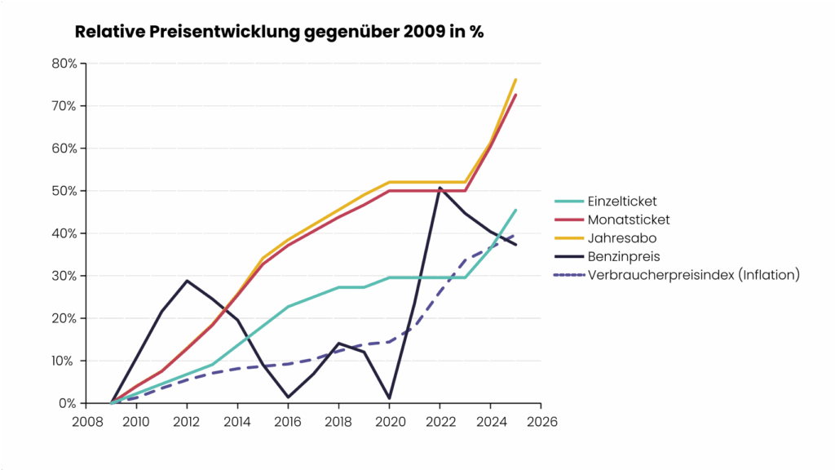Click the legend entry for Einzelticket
(x=621, y=201)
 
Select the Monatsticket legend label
(x=628, y=219)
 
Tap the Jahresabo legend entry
(x=621, y=238)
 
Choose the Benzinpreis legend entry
(x=623, y=256)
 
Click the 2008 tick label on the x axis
(x=86, y=421)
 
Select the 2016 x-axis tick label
(x=289, y=421)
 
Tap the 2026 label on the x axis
(x=541, y=421)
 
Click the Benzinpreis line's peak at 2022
(x=440, y=188)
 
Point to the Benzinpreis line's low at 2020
(x=390, y=398)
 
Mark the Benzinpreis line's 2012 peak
(x=188, y=281)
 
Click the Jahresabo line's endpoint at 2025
(x=516, y=79)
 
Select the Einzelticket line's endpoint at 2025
(x=516, y=210)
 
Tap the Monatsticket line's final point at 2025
(x=516, y=95)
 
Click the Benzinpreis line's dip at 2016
(x=289, y=397)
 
